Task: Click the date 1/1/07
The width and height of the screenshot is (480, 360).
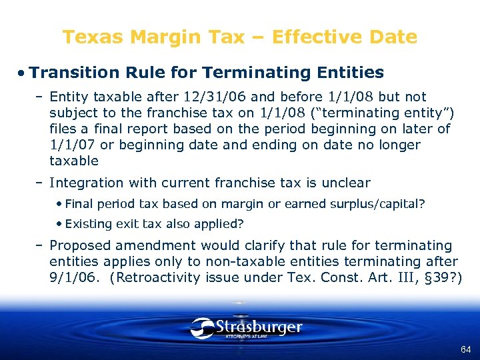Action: pyautogui.click(x=71, y=145)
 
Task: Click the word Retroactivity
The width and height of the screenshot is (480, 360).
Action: pyautogui.click(x=163, y=278)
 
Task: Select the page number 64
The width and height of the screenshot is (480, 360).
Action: pyautogui.click(x=465, y=349)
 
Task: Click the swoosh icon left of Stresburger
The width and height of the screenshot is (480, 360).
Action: pyautogui.click(x=202, y=327)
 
